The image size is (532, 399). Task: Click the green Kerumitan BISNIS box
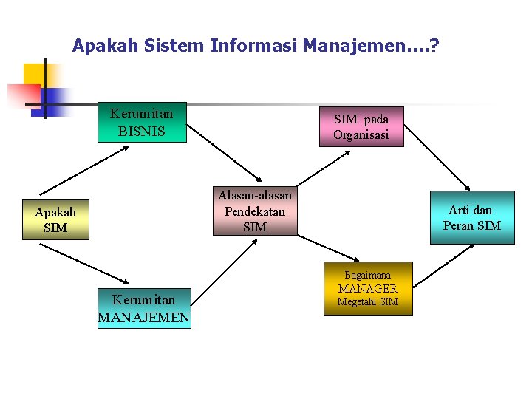tap(142, 122)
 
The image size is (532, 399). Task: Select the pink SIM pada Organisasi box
tap(361, 126)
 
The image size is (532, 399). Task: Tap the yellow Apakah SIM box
tap(55, 219)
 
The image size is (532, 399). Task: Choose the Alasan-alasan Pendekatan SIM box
tap(255, 211)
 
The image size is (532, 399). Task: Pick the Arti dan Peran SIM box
tap(472, 217)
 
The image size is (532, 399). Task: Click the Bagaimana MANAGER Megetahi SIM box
tap(368, 288)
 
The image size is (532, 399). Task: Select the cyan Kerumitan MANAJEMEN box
tap(144, 308)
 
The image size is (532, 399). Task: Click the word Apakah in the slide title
tap(102, 47)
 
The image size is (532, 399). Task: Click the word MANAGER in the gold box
tap(368, 288)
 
